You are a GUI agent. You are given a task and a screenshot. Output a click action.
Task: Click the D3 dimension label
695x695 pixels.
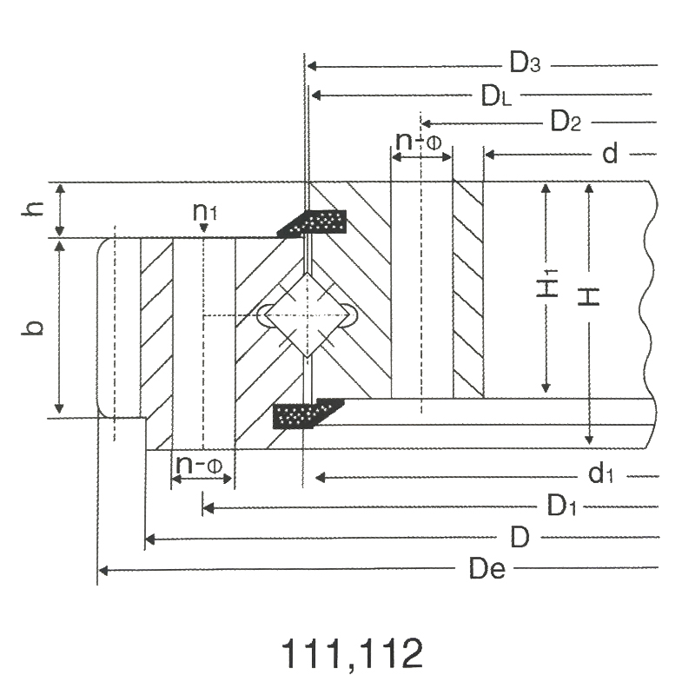[x=525, y=63]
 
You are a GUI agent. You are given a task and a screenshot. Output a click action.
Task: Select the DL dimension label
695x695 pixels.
[x=496, y=96]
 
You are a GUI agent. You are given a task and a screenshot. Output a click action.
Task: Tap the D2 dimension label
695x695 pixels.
[x=566, y=121]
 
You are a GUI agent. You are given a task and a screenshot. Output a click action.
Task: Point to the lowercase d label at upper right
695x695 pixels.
[x=610, y=154]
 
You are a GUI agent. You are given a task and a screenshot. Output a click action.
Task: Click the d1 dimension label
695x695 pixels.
[x=600, y=473]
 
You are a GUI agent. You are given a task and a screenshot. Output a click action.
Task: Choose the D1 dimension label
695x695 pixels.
[x=561, y=506]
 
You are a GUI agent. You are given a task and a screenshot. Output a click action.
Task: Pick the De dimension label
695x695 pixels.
[x=487, y=569]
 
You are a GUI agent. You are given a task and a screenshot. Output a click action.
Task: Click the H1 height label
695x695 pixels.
[x=547, y=283]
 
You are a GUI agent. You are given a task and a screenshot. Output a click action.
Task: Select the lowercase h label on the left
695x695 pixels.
[x=33, y=208]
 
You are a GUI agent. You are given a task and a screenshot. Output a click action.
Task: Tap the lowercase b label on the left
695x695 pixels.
[x=33, y=328]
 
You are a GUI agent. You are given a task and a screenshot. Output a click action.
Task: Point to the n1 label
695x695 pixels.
[x=205, y=212]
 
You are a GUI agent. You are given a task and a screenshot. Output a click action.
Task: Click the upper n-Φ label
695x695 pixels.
[x=419, y=142]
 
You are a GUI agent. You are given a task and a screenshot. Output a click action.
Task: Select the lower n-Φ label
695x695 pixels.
[x=199, y=465]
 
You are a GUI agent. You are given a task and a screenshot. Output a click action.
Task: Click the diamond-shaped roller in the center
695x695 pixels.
[x=308, y=315]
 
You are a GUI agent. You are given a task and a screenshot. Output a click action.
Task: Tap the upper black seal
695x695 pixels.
[x=312, y=222]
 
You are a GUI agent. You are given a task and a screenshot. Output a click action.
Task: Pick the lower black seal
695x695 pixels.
[x=308, y=414]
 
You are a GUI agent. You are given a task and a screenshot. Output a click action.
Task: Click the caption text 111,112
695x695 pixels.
[x=352, y=653]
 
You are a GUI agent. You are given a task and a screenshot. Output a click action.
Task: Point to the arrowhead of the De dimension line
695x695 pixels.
[x=103, y=571]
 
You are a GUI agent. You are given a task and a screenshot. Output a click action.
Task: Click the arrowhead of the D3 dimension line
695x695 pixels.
[x=312, y=66]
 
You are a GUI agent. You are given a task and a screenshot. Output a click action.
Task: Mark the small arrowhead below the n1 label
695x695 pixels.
[x=204, y=228]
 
